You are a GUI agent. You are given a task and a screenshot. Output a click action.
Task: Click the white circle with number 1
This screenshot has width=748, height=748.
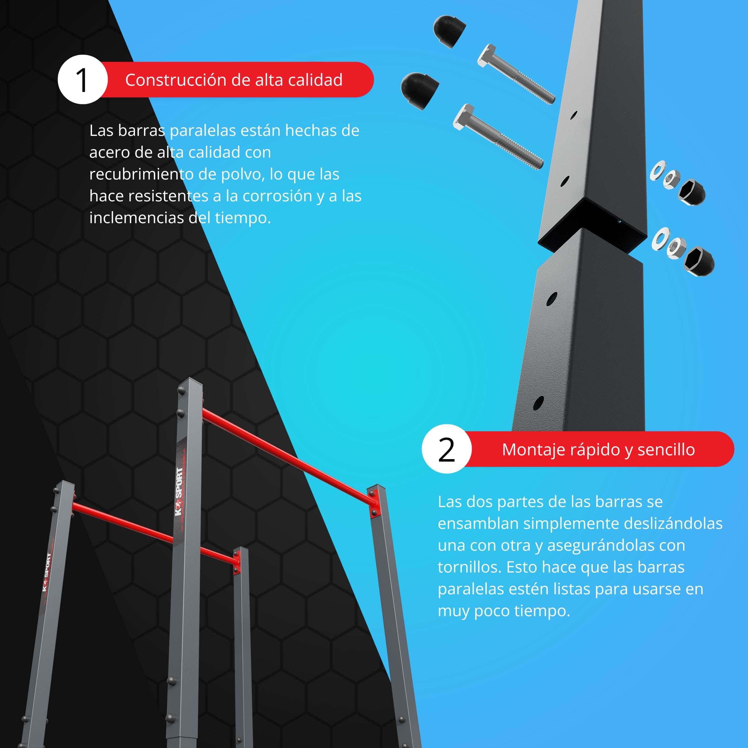pos(83,79)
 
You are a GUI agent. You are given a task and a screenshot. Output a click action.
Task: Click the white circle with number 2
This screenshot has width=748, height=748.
pos(446,449)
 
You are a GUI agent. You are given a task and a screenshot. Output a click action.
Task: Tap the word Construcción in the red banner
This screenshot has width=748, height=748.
pos(175,80)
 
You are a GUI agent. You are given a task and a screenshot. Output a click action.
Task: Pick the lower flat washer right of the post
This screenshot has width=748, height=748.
pos(660,238)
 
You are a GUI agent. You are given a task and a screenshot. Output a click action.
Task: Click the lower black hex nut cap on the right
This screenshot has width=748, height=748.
pos(699,261)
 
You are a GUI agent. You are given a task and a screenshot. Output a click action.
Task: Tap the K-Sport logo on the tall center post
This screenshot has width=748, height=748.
pos(179,492)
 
